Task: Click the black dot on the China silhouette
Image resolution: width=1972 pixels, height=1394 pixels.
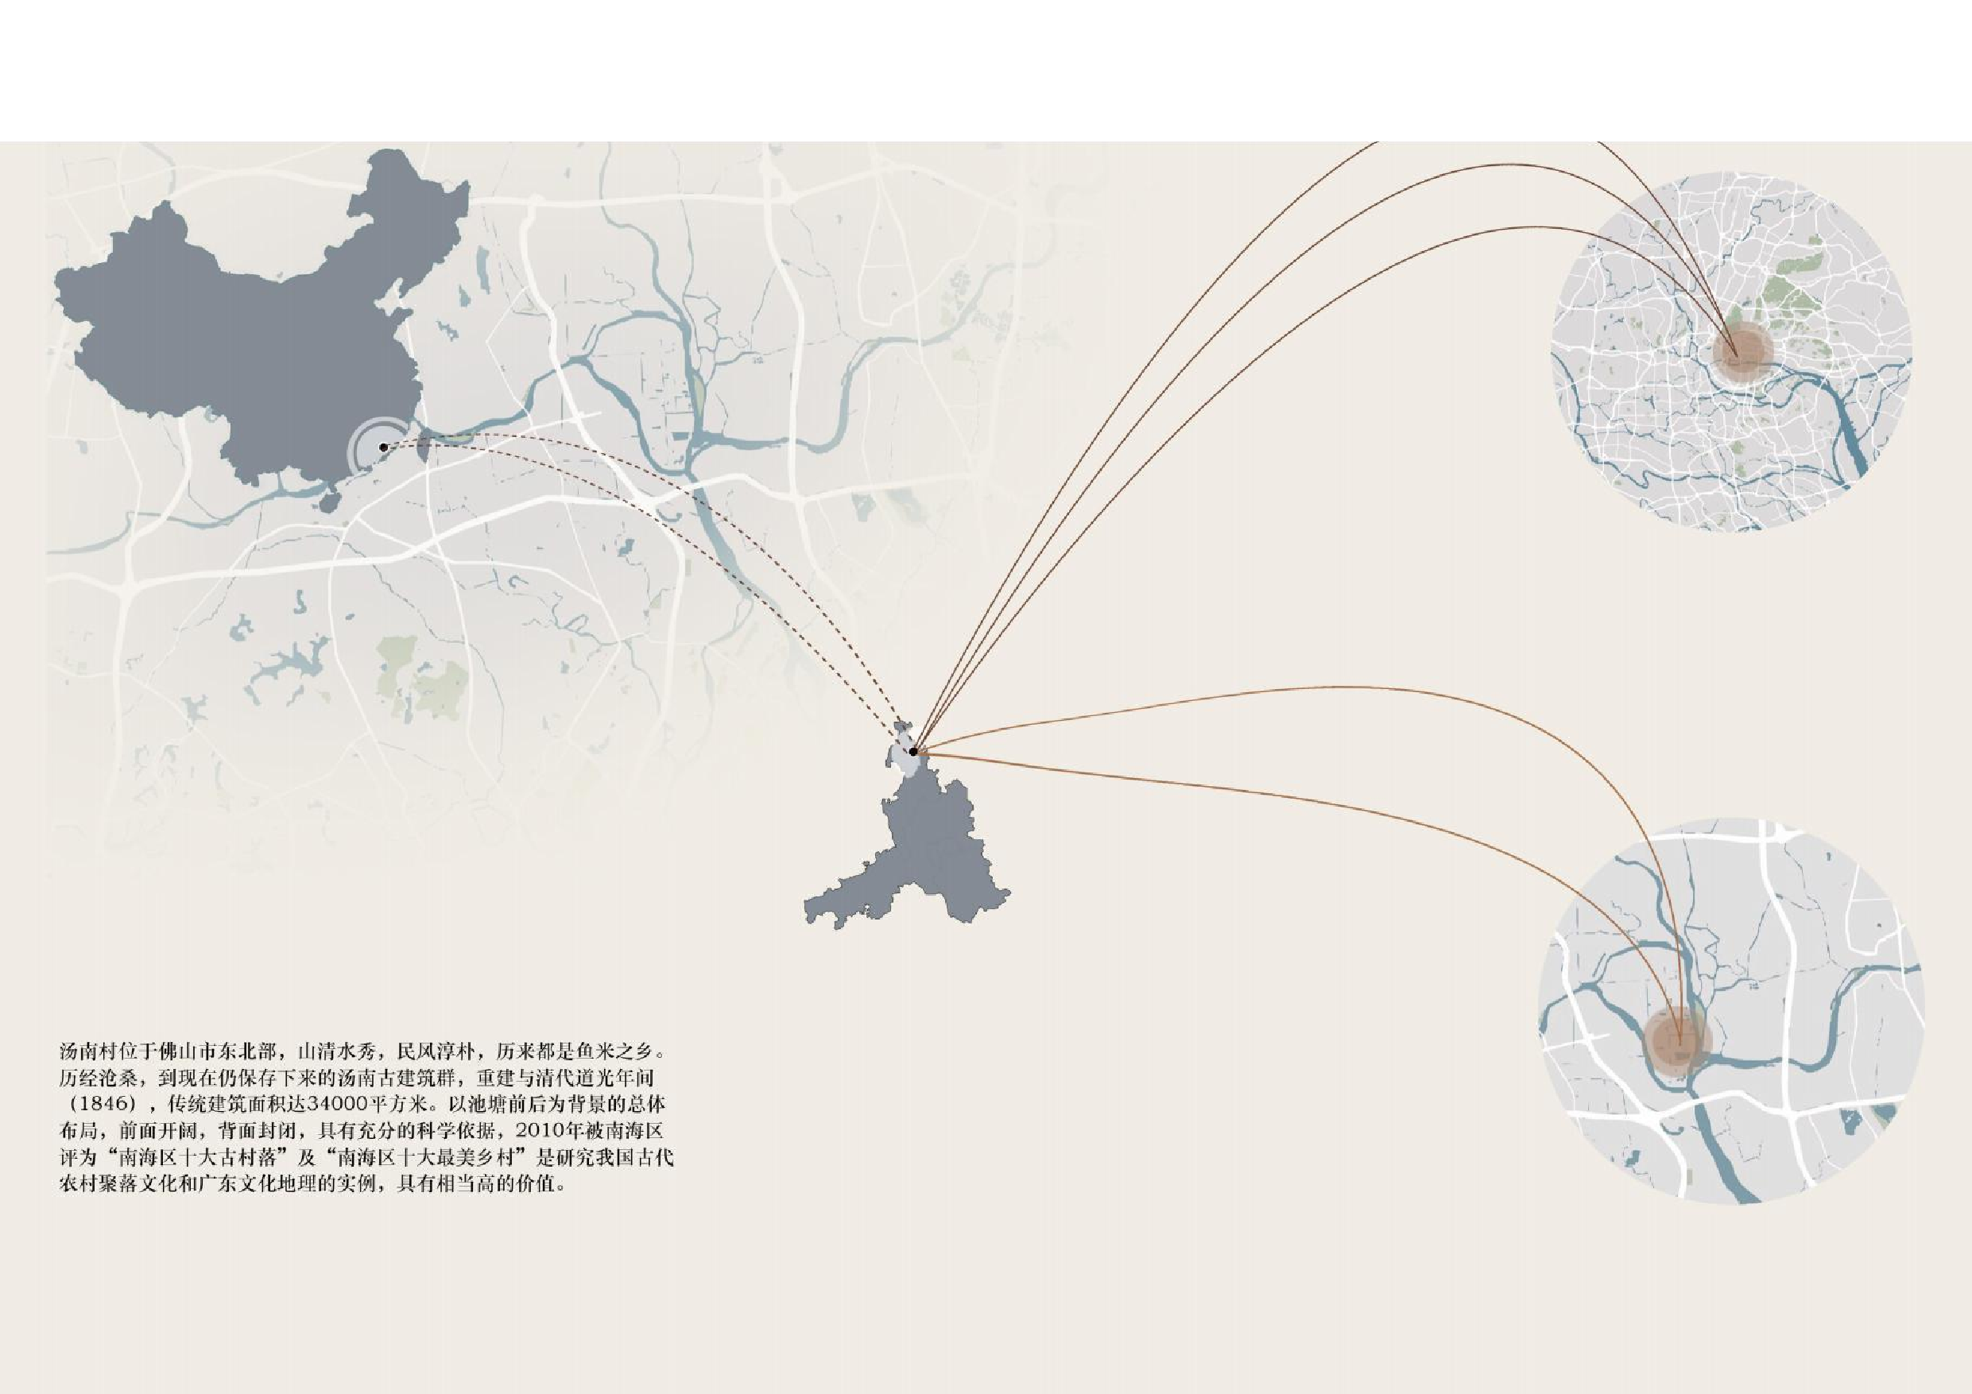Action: click(383, 447)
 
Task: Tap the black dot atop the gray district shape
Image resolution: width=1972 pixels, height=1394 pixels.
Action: click(913, 752)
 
